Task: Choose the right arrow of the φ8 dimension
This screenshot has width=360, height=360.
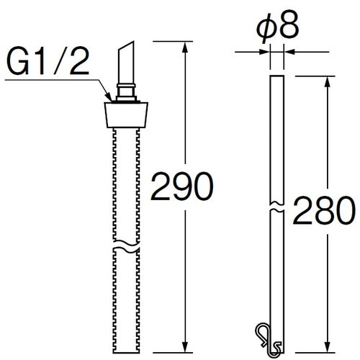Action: (288, 50)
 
